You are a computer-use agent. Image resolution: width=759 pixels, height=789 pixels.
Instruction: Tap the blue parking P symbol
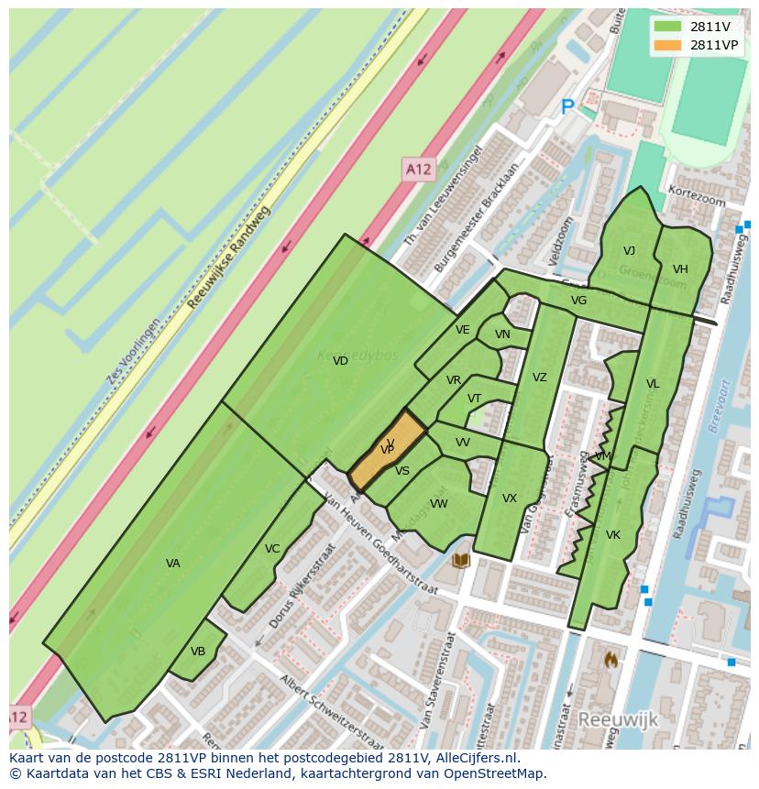coord(567,108)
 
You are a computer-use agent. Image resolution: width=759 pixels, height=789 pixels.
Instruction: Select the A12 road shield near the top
coord(418,169)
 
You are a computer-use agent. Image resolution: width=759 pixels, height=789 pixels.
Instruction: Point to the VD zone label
coord(340,361)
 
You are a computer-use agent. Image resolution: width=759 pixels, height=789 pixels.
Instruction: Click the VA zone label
coord(172,564)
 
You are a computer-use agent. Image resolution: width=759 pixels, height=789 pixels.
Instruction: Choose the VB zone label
coord(198,652)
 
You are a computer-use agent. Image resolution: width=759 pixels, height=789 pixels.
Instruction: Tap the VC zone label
coord(272,549)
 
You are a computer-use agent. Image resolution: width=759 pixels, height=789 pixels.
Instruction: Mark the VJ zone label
coord(629,251)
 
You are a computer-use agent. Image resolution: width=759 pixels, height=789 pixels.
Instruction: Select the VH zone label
coord(680,269)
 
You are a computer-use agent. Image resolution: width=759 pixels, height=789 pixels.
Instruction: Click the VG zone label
coord(578,301)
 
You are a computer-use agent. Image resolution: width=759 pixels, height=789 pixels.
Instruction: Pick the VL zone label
coord(653,384)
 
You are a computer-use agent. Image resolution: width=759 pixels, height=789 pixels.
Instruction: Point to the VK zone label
coord(613,535)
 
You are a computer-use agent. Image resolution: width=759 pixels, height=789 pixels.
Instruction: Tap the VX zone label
coord(510,499)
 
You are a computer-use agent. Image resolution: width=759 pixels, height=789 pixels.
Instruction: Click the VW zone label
coord(439,504)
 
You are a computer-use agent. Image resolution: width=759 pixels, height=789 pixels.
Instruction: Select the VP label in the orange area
coord(387,449)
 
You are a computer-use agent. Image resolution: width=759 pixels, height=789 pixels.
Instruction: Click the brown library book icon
coord(462,559)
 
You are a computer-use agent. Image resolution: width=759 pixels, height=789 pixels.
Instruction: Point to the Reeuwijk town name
coord(618,719)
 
